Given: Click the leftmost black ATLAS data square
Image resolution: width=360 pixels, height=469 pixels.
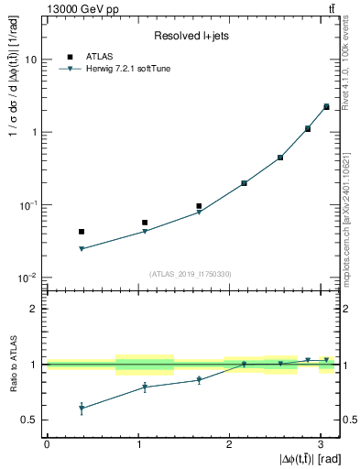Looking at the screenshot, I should click(82, 232).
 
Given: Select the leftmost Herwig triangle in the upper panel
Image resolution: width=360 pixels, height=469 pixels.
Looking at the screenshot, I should click(82, 249).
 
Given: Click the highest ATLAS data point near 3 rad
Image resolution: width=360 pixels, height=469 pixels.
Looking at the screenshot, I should click(326, 106).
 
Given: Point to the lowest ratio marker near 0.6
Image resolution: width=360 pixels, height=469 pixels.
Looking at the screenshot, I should click(82, 409).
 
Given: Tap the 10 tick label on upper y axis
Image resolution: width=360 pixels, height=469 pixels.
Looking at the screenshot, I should click(30, 60).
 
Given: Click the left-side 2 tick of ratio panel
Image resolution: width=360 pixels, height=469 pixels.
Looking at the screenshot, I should click(35, 309).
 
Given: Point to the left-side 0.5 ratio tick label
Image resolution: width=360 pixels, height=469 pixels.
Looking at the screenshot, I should click(30, 420).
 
